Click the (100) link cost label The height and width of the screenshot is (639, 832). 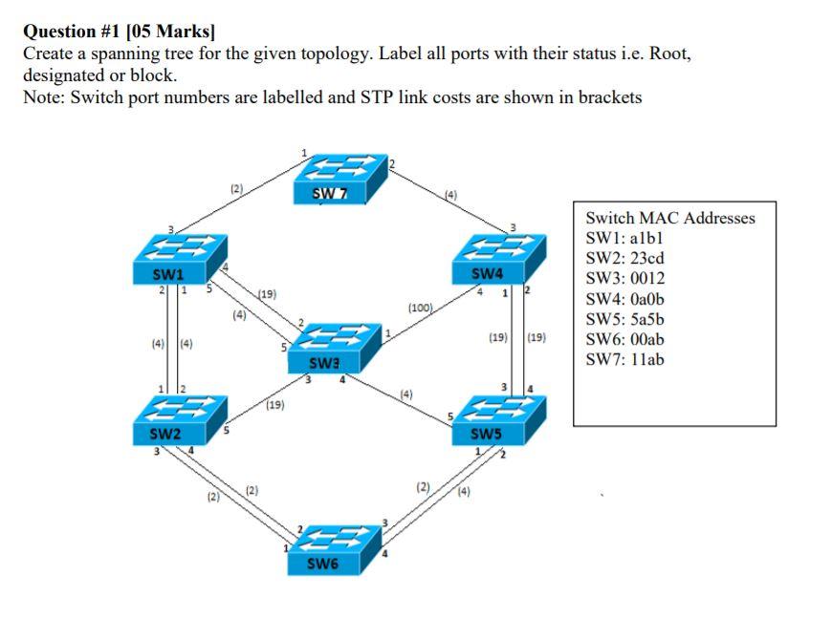(420, 309)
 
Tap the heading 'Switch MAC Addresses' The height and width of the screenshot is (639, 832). (669, 218)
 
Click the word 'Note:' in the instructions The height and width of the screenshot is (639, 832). (44, 97)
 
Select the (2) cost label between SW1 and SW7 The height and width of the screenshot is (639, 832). (236, 190)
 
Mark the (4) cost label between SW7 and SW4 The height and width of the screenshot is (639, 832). (450, 197)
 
